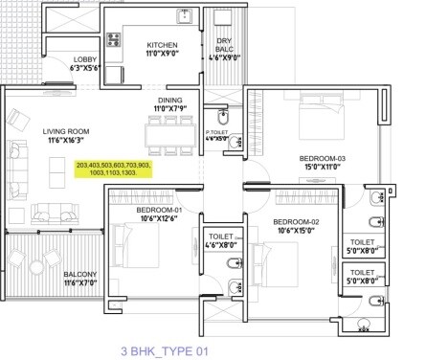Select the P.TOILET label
217,131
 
